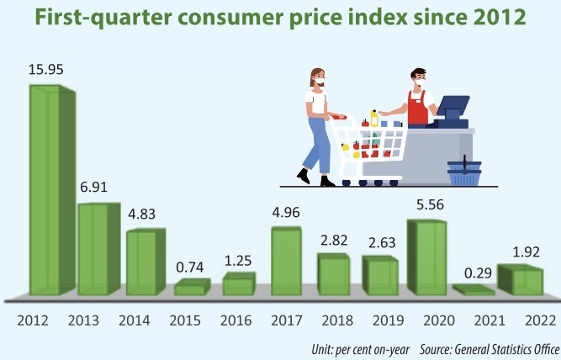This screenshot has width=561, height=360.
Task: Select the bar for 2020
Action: coord(425,257)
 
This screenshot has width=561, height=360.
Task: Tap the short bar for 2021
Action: coord(472,290)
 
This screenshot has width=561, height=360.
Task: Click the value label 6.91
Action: coord(95,189)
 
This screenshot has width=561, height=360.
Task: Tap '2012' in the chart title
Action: coord(496,19)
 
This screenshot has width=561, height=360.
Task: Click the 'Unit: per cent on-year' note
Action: coord(357,347)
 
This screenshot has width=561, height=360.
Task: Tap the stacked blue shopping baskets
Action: coord(464,172)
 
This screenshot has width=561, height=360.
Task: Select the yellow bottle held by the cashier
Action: coord(374,117)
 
